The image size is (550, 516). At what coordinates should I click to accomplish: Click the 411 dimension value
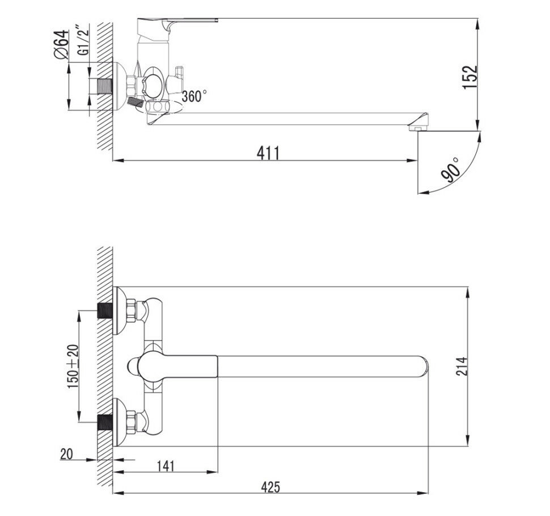tap(268, 153)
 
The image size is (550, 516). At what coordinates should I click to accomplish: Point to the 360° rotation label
tap(194, 97)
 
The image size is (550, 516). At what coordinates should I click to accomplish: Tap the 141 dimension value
tap(165, 465)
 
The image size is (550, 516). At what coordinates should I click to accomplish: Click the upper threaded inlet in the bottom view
tap(105, 311)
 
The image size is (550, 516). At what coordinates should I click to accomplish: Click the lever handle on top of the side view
tap(181, 23)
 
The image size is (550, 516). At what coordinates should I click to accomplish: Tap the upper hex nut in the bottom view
tap(132, 311)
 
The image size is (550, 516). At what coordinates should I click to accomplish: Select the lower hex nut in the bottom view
tap(132, 422)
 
